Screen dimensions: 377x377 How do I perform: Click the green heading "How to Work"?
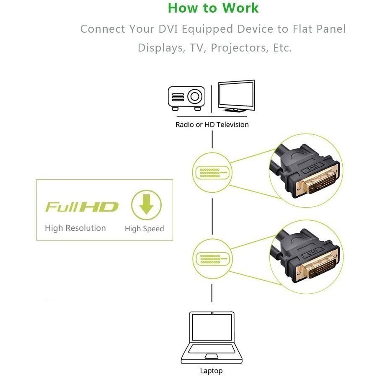pyautogui.click(x=213, y=8)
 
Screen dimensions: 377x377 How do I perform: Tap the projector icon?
pyautogui.click(x=186, y=98)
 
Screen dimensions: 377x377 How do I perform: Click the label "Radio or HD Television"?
pyautogui.click(x=212, y=124)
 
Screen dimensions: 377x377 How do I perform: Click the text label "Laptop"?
pyautogui.click(x=212, y=371)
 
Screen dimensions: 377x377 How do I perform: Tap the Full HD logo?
pyautogui.click(x=82, y=207)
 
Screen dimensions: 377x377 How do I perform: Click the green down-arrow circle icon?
pyautogui.click(x=146, y=205)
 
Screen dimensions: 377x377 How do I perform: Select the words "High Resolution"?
pyautogui.click(x=75, y=228)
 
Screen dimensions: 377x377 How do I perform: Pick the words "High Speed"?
pyautogui.click(x=144, y=229)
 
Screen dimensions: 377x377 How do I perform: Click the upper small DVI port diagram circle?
pyautogui.click(x=212, y=173)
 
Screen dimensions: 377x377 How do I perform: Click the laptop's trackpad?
pyautogui.click(x=212, y=356)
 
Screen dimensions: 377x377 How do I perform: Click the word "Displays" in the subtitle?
pyautogui.click(x=159, y=48)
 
